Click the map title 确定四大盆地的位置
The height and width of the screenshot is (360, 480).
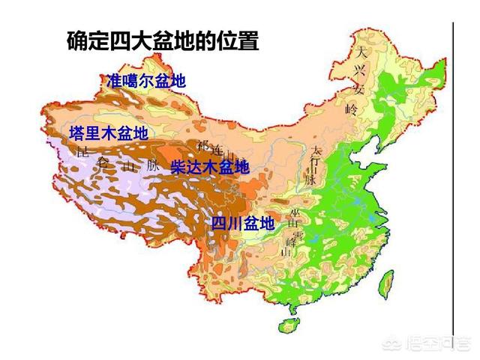point(163,40)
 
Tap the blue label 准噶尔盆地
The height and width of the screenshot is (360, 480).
point(146,81)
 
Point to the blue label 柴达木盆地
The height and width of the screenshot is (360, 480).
point(209,167)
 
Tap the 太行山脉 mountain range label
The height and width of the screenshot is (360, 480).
point(313,165)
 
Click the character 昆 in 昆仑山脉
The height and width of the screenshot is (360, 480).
point(83,152)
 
